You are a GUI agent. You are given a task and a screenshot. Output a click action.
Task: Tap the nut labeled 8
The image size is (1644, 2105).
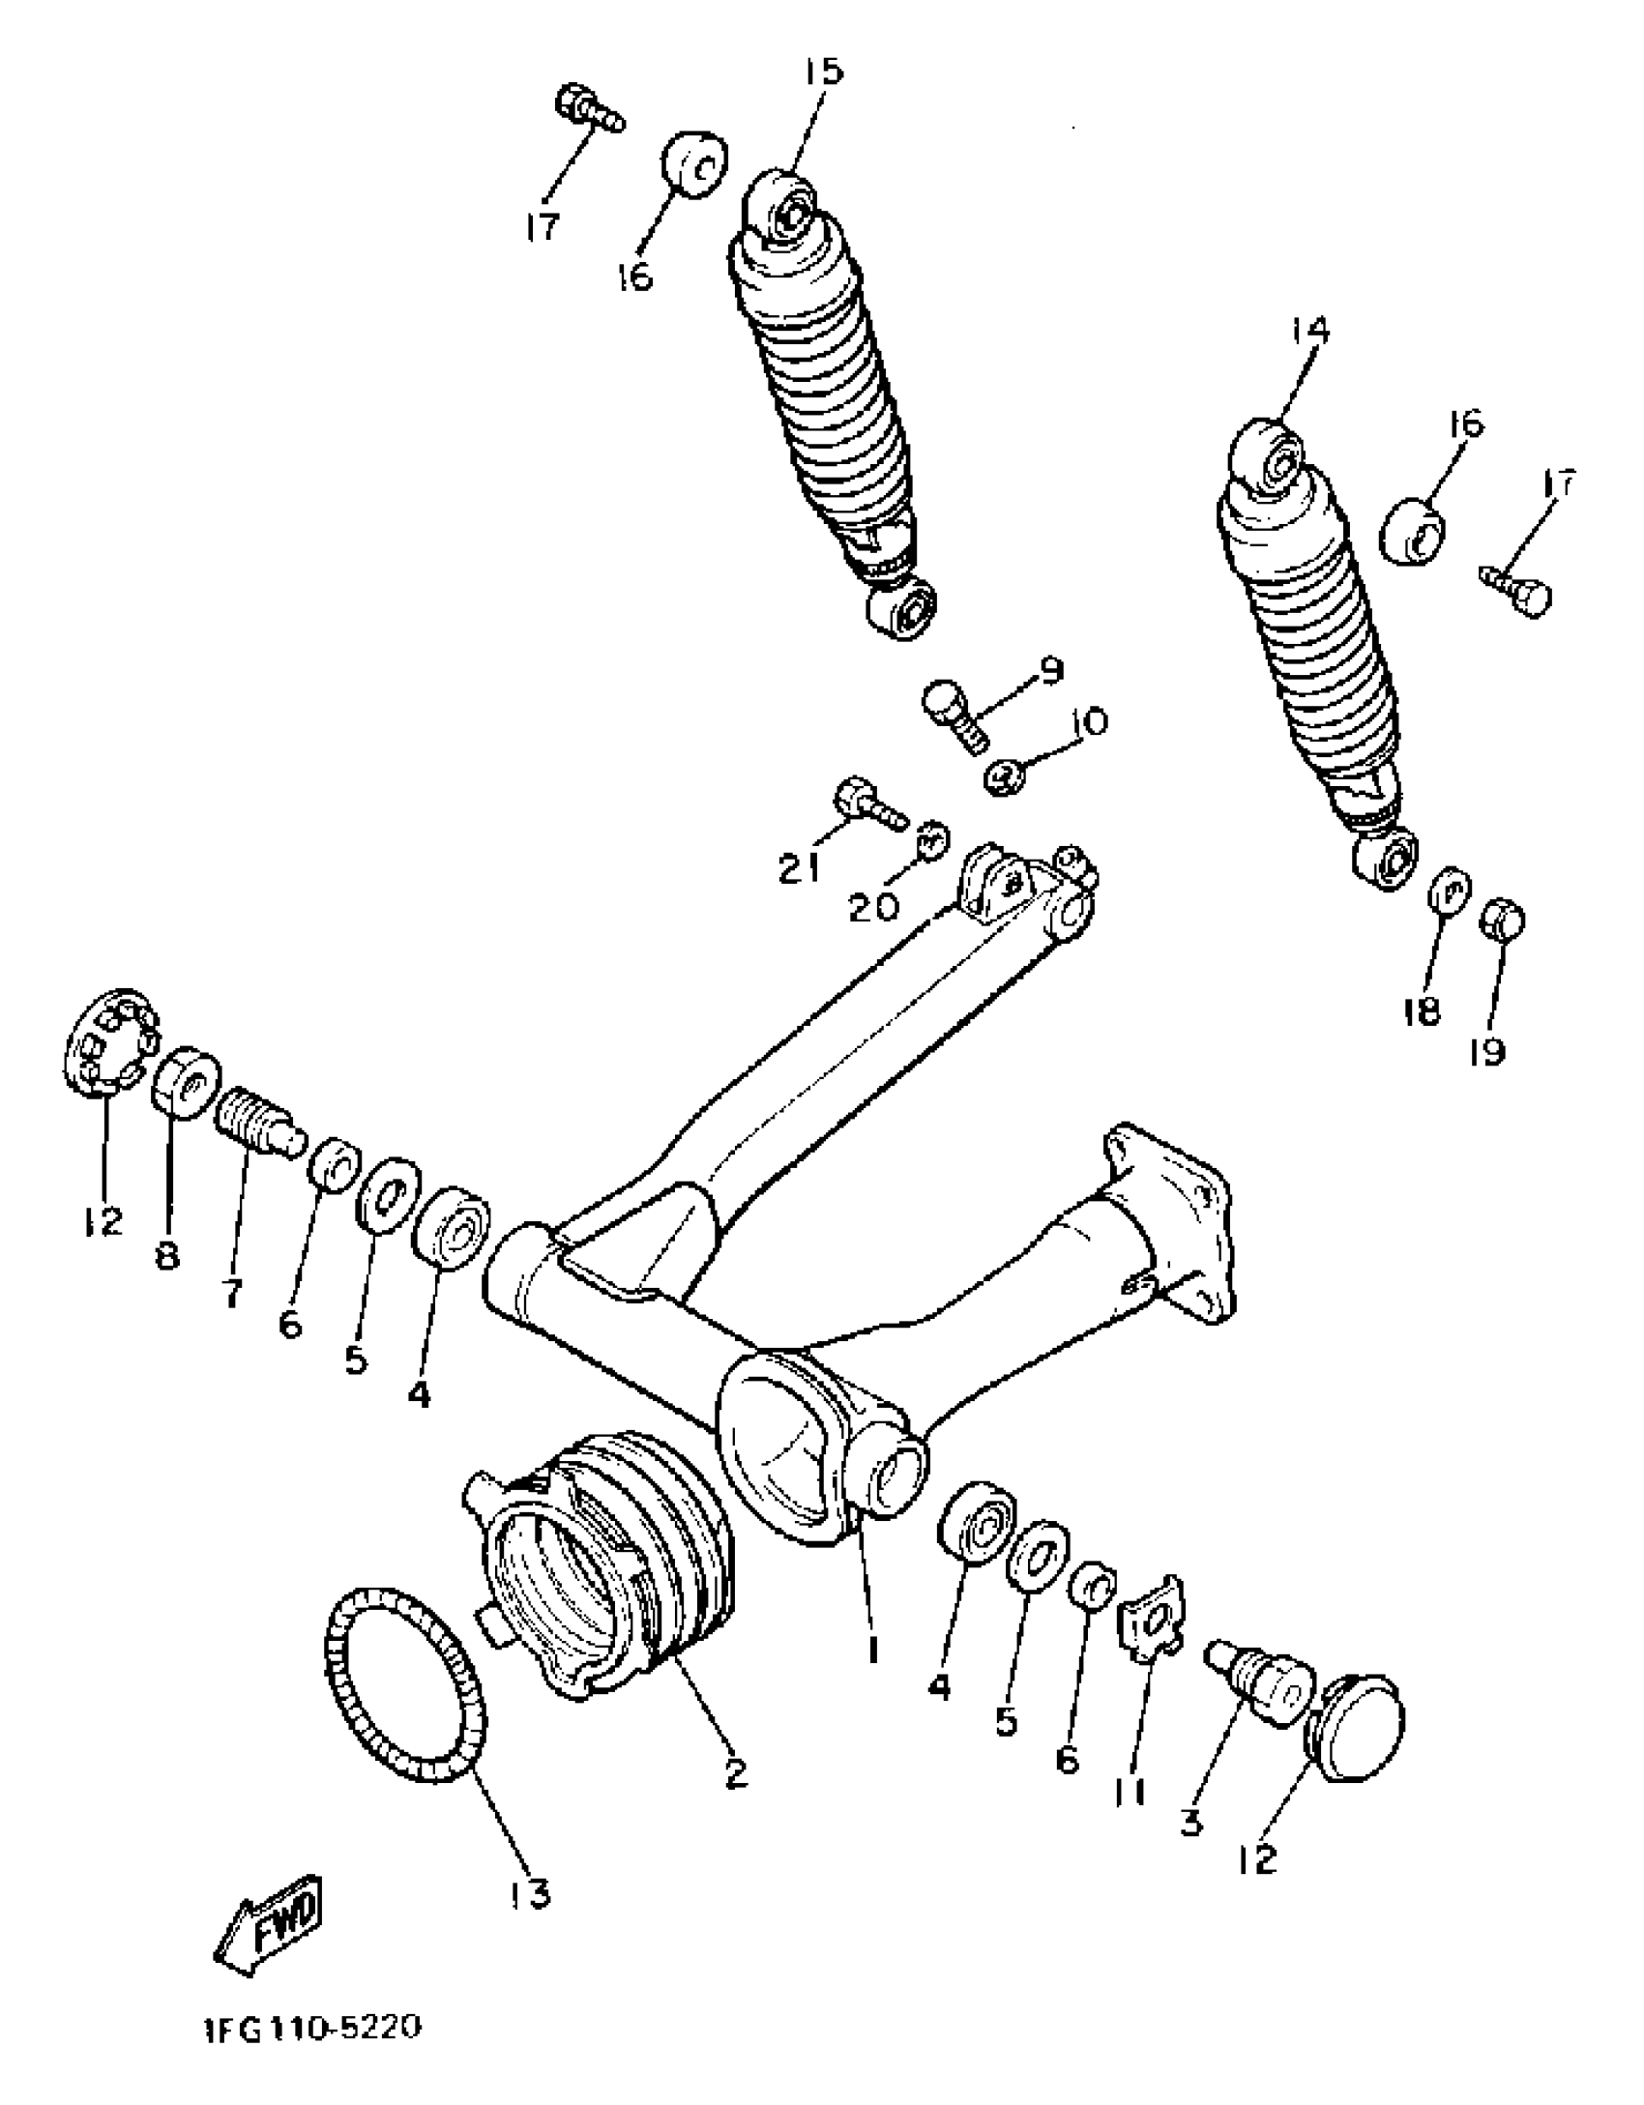[187, 1081]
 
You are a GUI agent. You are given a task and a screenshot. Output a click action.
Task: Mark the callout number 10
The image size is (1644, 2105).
[1088, 723]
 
